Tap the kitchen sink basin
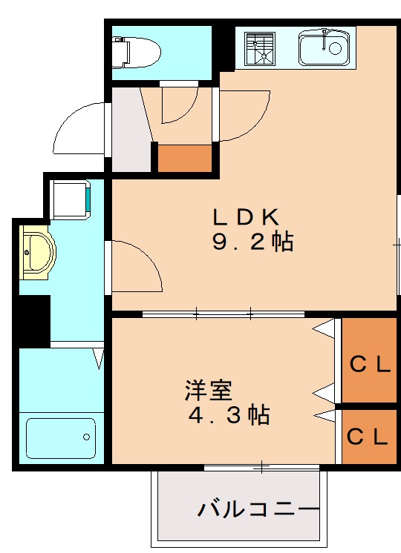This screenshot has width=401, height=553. [325, 49]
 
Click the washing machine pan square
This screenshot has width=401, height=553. [71, 199]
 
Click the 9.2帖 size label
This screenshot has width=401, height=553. [252, 242]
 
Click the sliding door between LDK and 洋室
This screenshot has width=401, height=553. [223, 314]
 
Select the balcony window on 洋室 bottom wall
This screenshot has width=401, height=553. [261, 467]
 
